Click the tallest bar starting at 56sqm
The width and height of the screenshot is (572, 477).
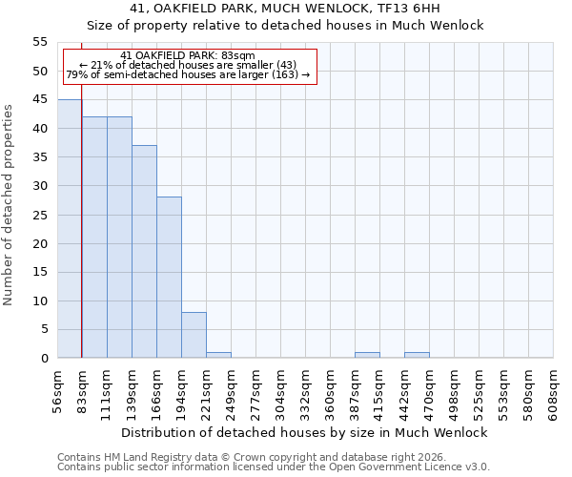point(70,229)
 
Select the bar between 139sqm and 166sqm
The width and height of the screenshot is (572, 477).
point(144,252)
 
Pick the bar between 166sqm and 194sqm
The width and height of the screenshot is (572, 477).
point(169,278)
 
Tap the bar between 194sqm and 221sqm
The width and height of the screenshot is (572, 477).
point(194,335)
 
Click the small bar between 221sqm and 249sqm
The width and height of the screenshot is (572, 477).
point(218,355)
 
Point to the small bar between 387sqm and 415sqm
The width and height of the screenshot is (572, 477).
point(367,355)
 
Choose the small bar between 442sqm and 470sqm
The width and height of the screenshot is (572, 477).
point(417,355)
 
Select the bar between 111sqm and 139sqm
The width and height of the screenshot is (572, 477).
point(119,238)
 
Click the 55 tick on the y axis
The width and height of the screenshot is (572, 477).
point(40,42)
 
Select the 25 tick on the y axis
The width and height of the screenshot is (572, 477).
point(40,215)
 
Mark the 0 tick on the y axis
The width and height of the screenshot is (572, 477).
point(44,359)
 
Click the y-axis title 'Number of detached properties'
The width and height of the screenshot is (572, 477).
point(10,200)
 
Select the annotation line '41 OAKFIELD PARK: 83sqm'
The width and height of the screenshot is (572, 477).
point(189,56)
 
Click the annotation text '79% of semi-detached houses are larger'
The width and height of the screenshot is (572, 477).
point(188,74)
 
